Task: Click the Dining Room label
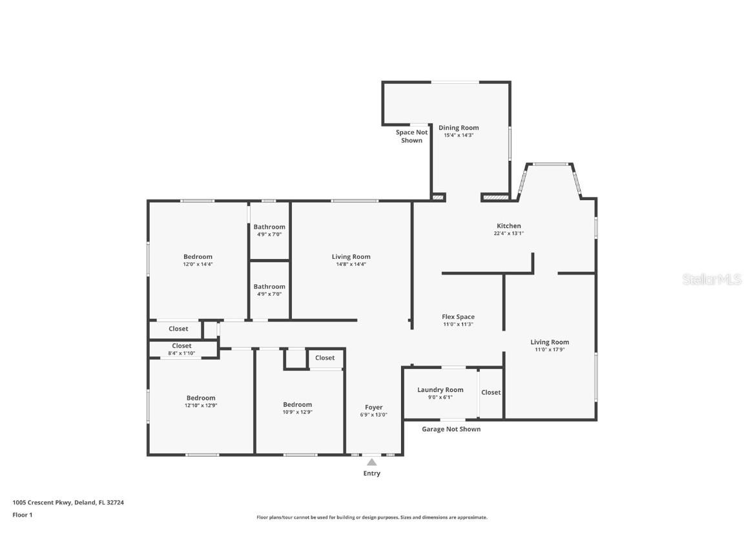point(459,128)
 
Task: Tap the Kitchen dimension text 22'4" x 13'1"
point(509,233)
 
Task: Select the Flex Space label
point(458,317)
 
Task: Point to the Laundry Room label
point(440,390)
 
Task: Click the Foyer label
point(374,408)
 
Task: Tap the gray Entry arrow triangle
point(372,462)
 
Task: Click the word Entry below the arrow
point(372,473)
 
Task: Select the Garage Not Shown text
point(451,429)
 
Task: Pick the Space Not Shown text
point(412,137)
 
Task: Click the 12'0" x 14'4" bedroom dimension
point(198,264)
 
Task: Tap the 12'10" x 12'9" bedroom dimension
point(201,406)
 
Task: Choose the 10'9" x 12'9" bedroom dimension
point(298,412)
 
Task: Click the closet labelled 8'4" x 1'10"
point(181,349)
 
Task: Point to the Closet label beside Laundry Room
point(491,393)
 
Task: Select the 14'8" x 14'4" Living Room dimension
point(351,264)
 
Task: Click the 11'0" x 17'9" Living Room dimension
point(550,349)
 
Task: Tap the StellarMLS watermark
point(712,280)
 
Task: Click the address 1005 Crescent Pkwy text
point(42,502)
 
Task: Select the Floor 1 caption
point(23,515)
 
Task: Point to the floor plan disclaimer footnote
point(372,518)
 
